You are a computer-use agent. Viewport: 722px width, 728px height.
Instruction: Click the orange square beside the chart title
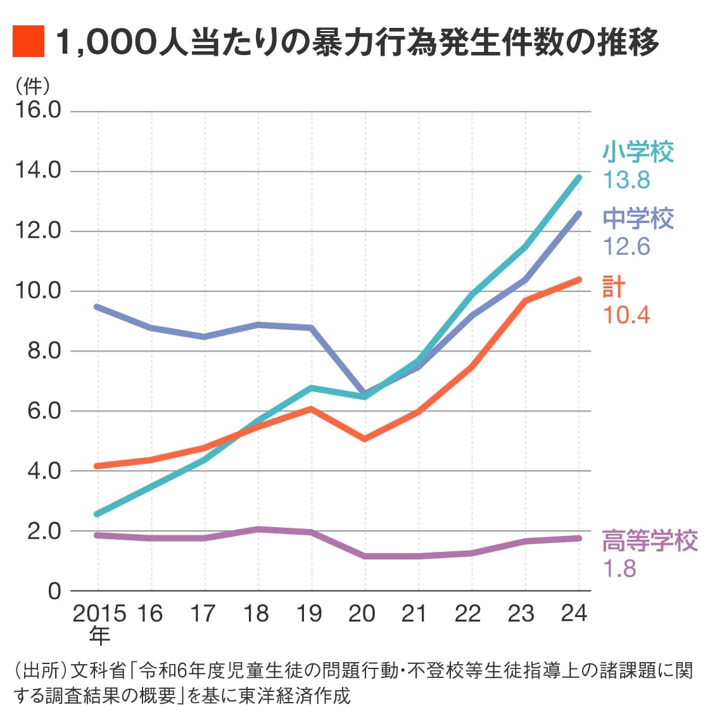click(x=28, y=42)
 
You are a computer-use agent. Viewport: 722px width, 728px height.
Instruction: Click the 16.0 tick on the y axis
click(x=37, y=110)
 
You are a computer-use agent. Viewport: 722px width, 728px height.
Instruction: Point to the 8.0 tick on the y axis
click(x=43, y=350)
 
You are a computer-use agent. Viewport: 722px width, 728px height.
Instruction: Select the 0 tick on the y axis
click(x=54, y=591)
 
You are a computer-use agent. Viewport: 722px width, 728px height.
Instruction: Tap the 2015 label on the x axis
click(x=99, y=613)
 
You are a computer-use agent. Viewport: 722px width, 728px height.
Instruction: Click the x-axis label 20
click(x=362, y=613)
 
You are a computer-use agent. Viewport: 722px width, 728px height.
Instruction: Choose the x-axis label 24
click(x=574, y=613)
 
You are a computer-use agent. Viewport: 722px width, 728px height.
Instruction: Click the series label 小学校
click(x=638, y=152)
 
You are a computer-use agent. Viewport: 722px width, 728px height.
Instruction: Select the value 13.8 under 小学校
click(x=626, y=180)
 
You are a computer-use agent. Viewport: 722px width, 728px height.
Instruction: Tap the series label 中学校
click(x=638, y=219)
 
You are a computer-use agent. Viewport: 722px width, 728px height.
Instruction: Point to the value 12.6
click(x=626, y=246)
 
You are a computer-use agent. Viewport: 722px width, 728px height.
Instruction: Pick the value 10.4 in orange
click(x=626, y=315)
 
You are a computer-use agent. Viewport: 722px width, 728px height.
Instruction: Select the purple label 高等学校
click(x=650, y=541)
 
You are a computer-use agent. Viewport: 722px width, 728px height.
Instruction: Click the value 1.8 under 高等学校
click(x=619, y=569)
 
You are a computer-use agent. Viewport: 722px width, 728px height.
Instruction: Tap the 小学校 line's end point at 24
click(x=578, y=177)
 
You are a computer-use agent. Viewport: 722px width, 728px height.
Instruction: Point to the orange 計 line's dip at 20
click(x=365, y=439)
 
